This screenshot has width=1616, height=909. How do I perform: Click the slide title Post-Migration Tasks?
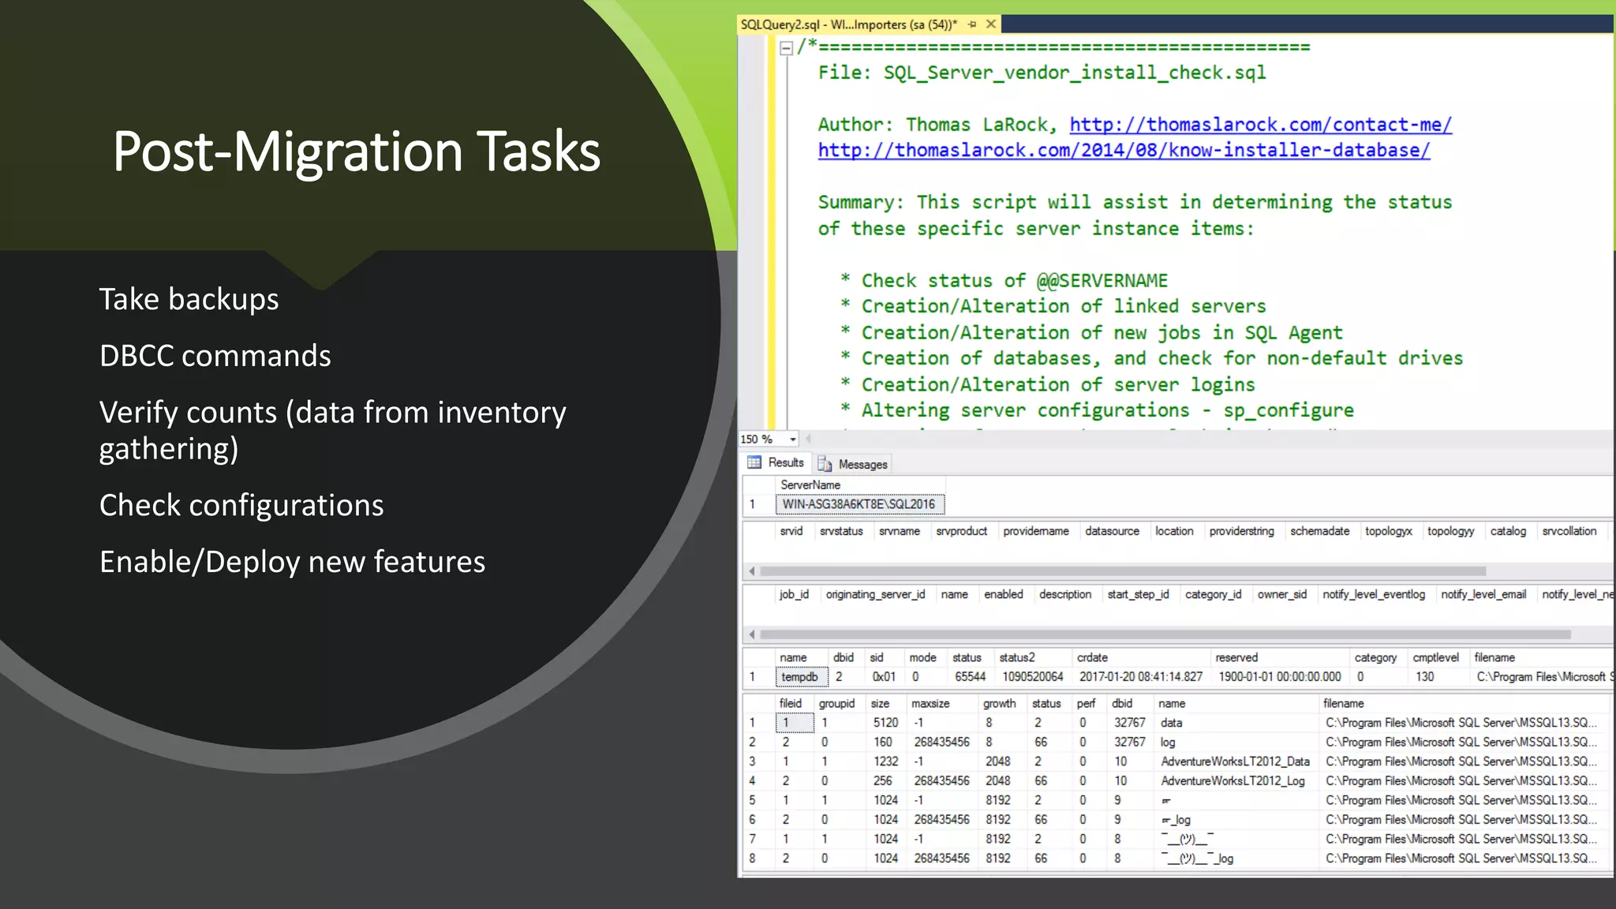coord(356,151)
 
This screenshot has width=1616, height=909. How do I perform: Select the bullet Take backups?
coord(189,300)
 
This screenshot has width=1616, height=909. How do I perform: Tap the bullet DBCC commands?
coord(215,356)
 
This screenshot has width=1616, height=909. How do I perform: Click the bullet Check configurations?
coord(241,505)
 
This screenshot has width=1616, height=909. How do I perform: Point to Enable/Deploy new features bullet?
coord(292,562)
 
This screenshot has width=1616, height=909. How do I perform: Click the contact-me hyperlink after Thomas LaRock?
coord(1260,125)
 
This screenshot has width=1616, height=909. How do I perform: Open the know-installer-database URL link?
coord(1123,151)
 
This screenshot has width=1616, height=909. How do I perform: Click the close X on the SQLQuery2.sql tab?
coord(991,24)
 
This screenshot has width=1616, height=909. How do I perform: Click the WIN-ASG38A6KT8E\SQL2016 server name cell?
coord(858,504)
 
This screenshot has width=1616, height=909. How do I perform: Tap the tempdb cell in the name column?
coord(799,677)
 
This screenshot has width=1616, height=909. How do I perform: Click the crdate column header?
coord(1092,657)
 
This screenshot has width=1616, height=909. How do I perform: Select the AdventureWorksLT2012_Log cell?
coord(1233,781)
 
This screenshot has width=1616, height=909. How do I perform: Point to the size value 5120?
coord(885,723)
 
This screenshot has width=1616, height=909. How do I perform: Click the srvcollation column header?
coord(1569,531)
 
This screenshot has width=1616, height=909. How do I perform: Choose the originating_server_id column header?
coord(875,594)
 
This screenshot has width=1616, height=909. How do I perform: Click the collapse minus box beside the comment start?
coord(786,48)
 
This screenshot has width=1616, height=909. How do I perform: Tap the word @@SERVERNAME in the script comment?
coord(1102,281)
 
